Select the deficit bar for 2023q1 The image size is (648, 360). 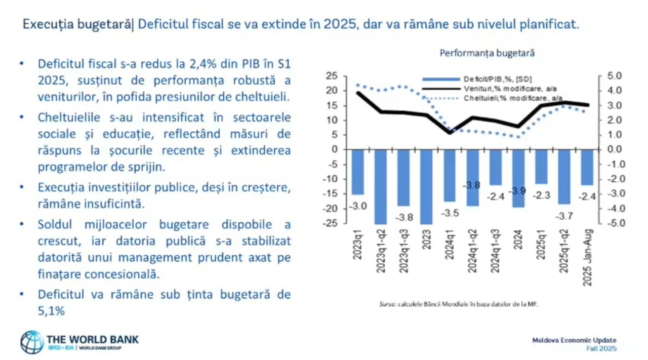[358, 172]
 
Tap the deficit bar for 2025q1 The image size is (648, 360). [541, 167]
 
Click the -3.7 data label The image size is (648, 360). [564, 216]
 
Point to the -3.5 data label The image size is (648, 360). [450, 213]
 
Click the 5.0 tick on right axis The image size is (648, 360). [607, 76]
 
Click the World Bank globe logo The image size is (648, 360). [31, 342]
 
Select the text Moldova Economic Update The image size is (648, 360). [574, 340]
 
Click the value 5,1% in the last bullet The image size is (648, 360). [51, 311]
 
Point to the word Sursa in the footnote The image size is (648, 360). [387, 305]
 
